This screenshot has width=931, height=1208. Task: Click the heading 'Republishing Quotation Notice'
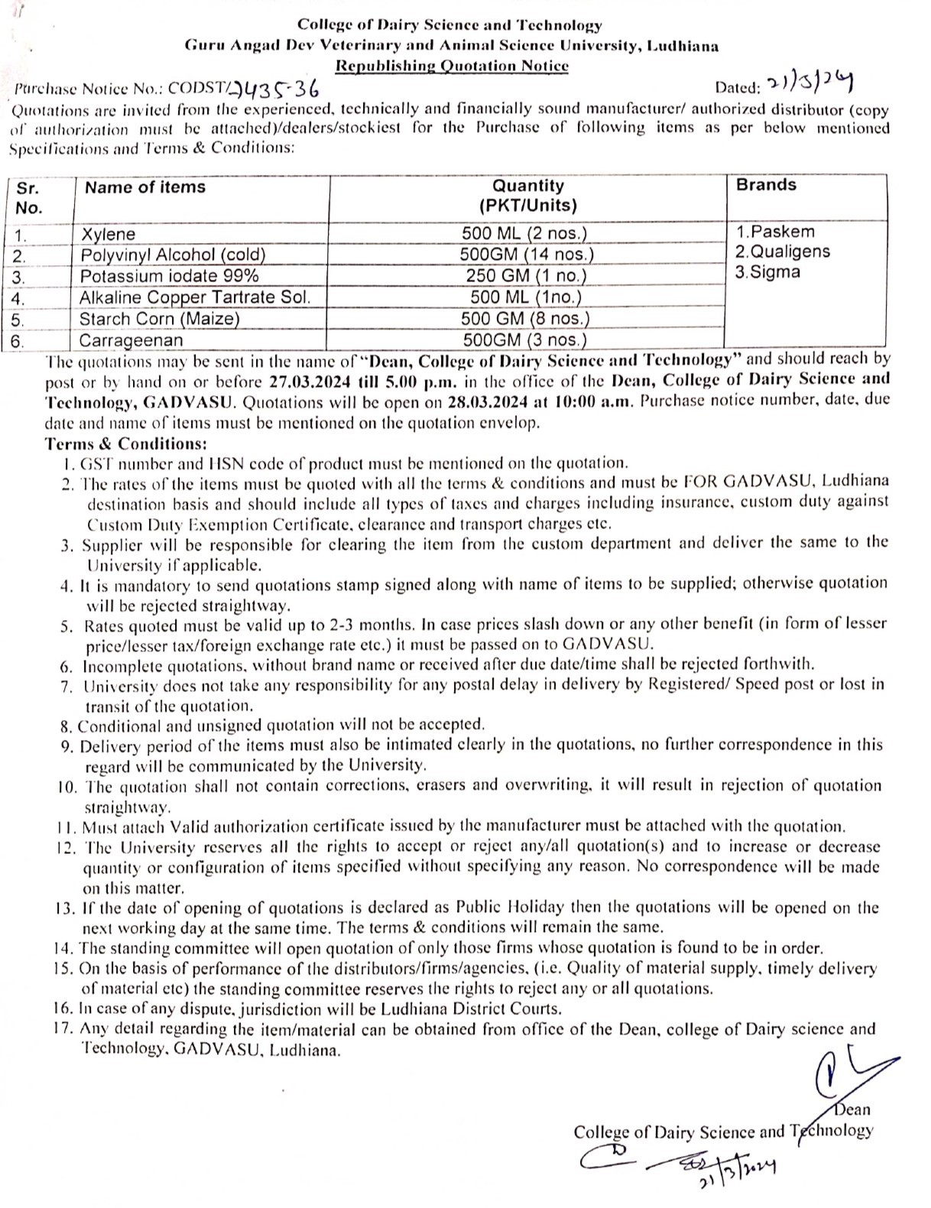click(453, 66)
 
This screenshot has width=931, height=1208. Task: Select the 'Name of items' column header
click(145, 187)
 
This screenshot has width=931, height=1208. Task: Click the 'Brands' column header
click(766, 185)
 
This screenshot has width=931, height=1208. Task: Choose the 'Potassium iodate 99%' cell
click(169, 276)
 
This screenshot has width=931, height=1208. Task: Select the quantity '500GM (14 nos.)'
click(527, 255)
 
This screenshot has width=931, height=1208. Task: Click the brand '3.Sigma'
click(767, 272)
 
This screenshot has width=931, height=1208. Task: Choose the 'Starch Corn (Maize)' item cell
click(160, 319)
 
